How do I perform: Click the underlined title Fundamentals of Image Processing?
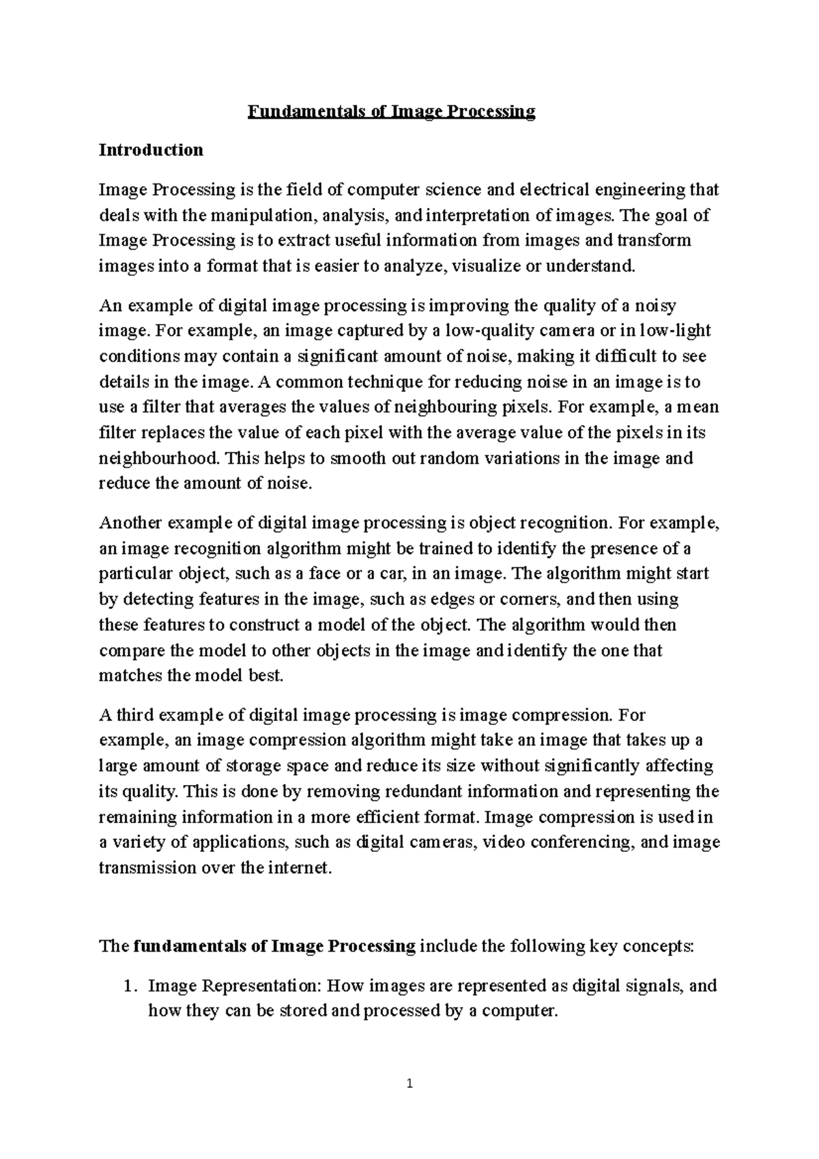coord(391,111)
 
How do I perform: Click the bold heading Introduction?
coord(151,150)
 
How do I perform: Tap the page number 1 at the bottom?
coord(409,1083)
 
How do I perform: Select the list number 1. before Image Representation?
coord(130,986)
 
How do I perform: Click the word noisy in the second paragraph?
coord(655,305)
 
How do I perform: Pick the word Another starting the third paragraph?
coord(131,524)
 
